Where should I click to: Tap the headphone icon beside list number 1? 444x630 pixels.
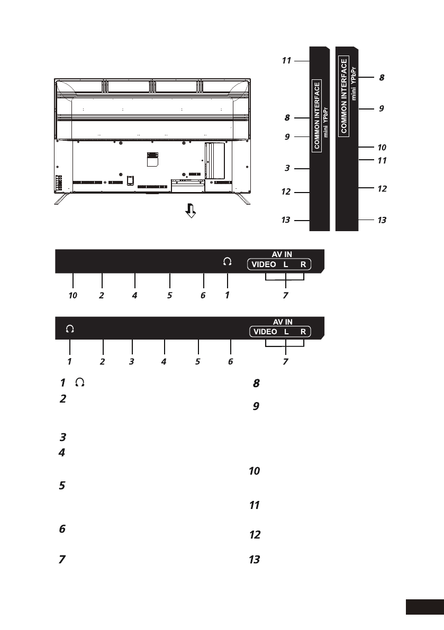pos(80,382)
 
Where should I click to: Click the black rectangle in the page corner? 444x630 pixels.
pos(425,607)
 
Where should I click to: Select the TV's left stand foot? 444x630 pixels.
pos(62,198)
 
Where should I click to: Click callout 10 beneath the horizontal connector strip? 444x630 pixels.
pos(73,295)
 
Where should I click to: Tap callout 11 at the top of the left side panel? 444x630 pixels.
pos(286,61)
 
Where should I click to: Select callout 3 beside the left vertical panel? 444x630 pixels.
pos(287,168)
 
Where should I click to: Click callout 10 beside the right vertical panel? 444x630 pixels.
pos(382,148)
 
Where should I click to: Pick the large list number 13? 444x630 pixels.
pos(255,560)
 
